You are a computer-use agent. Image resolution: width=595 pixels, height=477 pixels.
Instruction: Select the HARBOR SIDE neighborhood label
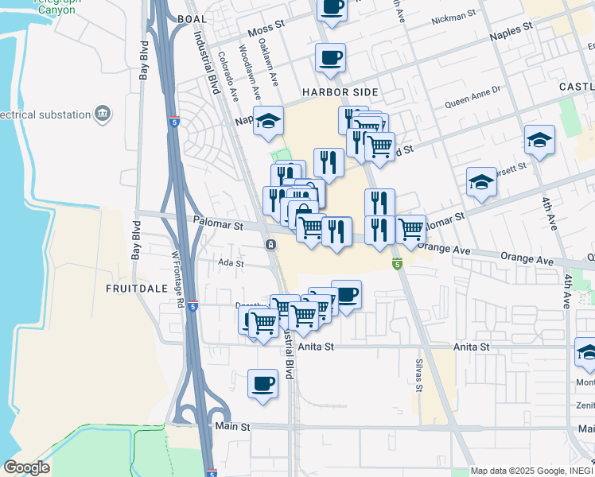point(334,92)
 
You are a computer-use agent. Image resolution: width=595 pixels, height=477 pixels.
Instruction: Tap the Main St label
point(233,427)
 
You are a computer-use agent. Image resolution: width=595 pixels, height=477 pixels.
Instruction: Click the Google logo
point(26,467)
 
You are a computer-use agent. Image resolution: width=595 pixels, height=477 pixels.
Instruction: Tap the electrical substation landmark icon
point(103,114)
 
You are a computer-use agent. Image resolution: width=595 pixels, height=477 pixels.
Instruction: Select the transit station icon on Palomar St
point(271,244)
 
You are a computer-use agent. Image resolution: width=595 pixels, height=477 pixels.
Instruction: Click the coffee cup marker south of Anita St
point(262,384)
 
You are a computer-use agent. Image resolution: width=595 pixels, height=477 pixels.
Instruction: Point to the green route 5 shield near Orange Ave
point(397,264)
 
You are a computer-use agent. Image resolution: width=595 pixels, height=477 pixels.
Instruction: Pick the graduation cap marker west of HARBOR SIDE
point(269,121)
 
